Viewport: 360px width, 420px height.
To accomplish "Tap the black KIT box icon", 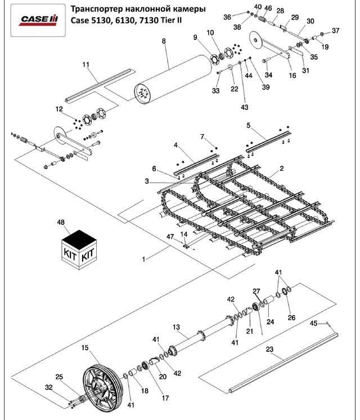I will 78,248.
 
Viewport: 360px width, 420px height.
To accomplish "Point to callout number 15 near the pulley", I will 84,348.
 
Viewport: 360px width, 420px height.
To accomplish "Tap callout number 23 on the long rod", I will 270,350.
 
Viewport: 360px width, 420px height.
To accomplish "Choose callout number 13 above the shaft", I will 176,327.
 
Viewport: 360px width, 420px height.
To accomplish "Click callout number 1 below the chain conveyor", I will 144,259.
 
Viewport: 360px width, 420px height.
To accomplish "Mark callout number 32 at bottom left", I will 49,387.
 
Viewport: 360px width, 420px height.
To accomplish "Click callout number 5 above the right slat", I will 247,125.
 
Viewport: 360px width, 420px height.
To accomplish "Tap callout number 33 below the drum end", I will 215,91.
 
